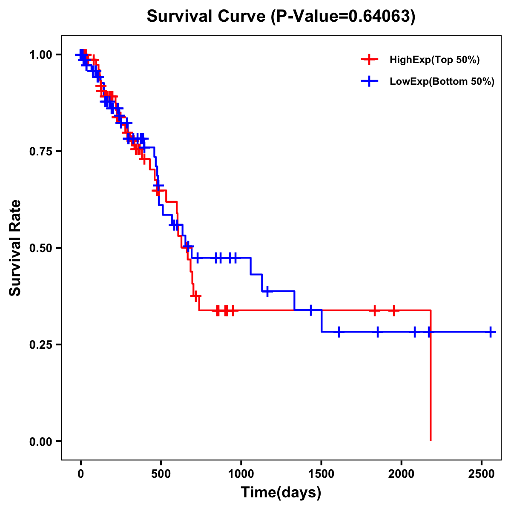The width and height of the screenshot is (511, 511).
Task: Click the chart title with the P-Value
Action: point(281,16)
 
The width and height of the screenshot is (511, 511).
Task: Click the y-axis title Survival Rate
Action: point(15,248)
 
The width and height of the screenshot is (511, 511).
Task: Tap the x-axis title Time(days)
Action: point(281,493)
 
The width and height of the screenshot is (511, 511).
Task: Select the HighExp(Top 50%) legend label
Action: point(434,60)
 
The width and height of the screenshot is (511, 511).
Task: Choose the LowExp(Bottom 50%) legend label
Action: point(442,81)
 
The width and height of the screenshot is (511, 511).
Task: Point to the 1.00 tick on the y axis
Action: point(42,55)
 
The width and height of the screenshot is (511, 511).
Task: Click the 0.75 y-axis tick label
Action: point(42,152)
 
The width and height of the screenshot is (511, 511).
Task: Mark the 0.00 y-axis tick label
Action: point(42,442)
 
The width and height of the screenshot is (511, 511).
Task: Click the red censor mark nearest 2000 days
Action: point(393,310)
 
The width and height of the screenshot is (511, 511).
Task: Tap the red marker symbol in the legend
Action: point(369,60)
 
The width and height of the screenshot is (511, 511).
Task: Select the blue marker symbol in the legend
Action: point(369,81)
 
